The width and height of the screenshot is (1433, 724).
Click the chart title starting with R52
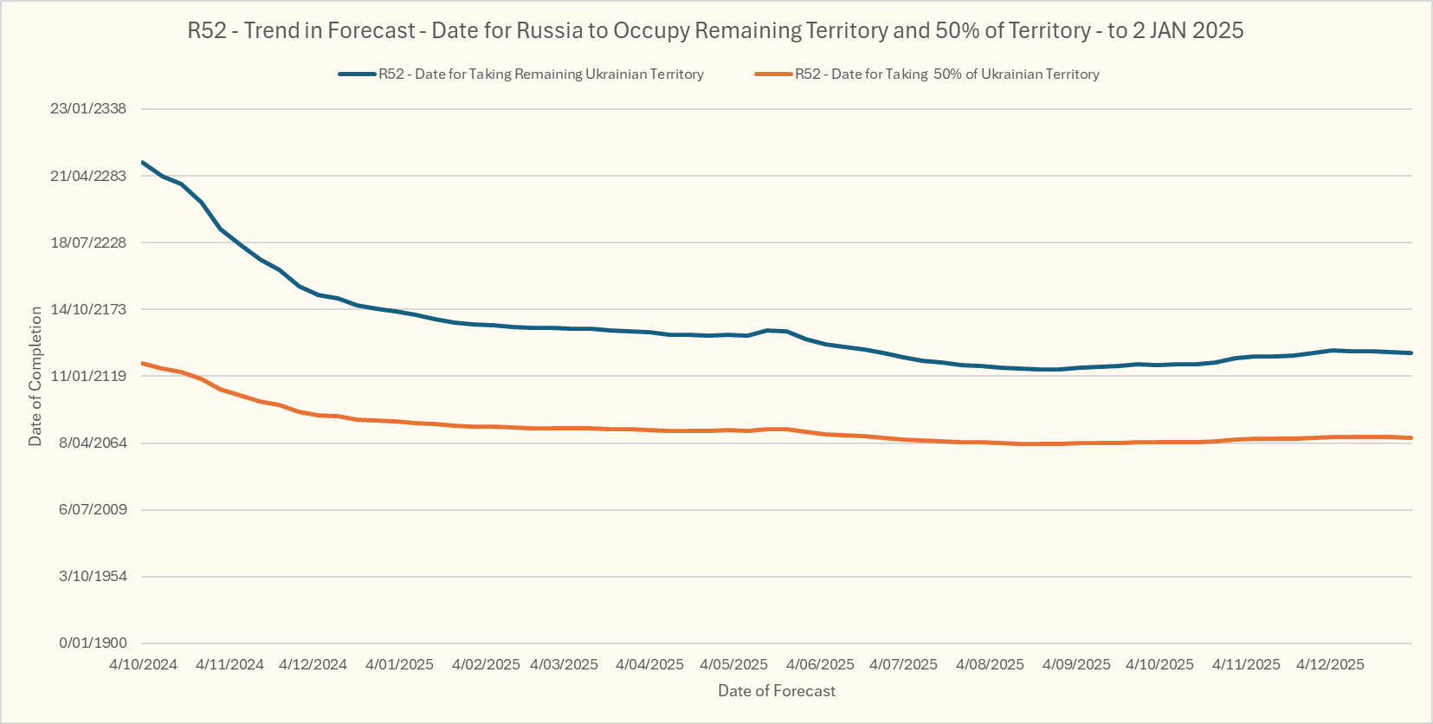pyautogui.click(x=715, y=31)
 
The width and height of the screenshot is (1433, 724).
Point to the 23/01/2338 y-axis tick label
pyautogui.click(x=88, y=109)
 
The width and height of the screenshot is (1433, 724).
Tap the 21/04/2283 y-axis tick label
pyautogui.click(x=88, y=176)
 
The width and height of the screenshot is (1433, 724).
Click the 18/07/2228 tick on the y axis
pyautogui.click(x=88, y=242)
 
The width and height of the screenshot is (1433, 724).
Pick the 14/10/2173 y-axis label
pyautogui.click(x=88, y=309)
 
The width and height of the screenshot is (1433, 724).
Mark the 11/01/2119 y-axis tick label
pyautogui.click(x=88, y=376)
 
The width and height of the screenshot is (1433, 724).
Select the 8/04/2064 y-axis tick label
pyautogui.click(x=92, y=443)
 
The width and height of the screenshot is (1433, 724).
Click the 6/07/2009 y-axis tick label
pyautogui.click(x=93, y=509)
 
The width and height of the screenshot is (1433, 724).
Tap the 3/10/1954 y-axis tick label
pyautogui.click(x=93, y=576)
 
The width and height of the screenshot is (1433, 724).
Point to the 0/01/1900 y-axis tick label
pyautogui.click(x=93, y=643)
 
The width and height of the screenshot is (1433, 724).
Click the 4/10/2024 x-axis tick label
pyautogui.click(x=143, y=665)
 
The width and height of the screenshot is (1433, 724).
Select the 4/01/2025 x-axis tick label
pyautogui.click(x=399, y=665)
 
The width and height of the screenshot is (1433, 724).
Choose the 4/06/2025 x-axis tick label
pyautogui.click(x=820, y=665)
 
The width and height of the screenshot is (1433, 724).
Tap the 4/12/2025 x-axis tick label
pyautogui.click(x=1330, y=665)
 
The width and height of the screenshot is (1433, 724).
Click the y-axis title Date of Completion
pyautogui.click(x=36, y=376)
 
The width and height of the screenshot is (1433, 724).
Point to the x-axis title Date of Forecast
pyautogui.click(x=777, y=691)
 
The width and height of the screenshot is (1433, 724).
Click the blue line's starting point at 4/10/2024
pyautogui.click(x=143, y=162)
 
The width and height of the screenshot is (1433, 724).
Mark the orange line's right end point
pyautogui.click(x=1411, y=438)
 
